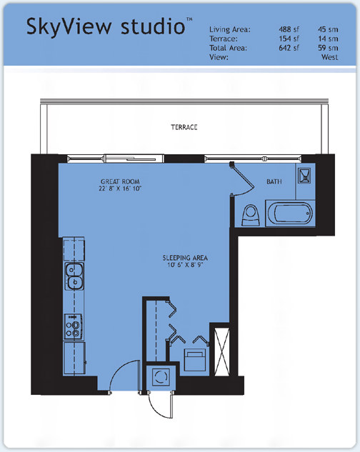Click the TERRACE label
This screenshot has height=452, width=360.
(x=184, y=127)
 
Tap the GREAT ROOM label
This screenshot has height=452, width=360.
(x=120, y=181)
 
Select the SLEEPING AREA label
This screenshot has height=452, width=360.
(x=185, y=258)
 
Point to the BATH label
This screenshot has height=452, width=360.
(x=274, y=181)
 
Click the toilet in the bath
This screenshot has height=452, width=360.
(x=250, y=215)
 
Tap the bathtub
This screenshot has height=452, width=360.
(x=290, y=214)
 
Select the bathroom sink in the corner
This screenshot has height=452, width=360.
(x=304, y=175)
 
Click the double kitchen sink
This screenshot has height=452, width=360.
(x=74, y=276)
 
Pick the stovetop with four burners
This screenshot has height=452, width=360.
(x=74, y=327)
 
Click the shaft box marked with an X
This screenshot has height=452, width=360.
(x=222, y=352)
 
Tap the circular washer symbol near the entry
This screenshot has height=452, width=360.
(x=160, y=377)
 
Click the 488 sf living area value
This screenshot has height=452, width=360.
(x=289, y=29)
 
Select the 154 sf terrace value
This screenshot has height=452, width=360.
(x=289, y=39)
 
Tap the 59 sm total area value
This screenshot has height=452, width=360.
(x=328, y=48)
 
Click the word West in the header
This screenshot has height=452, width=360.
(x=330, y=57)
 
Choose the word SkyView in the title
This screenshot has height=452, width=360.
(x=69, y=26)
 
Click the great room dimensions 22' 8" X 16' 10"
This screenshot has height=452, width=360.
(x=120, y=189)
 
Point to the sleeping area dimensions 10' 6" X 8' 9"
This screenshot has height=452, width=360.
(x=185, y=265)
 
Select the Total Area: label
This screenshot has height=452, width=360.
(x=228, y=48)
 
